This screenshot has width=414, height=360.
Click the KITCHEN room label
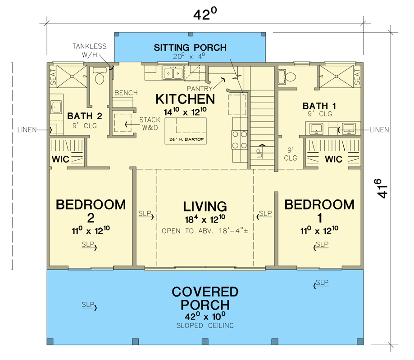[x=185, y=99]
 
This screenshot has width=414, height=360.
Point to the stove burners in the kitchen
[x=239, y=139]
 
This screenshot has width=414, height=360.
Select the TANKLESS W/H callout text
[x=90, y=49]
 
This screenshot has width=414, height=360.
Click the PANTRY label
[x=199, y=89]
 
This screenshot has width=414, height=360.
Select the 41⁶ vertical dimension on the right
[x=384, y=188]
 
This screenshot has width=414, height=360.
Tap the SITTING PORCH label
[x=190, y=48]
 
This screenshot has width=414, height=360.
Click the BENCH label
[x=126, y=93]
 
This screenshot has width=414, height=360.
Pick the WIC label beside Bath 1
[x=333, y=159]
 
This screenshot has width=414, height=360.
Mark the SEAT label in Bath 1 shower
[x=357, y=78]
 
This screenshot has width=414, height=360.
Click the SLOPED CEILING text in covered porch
[x=205, y=325]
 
